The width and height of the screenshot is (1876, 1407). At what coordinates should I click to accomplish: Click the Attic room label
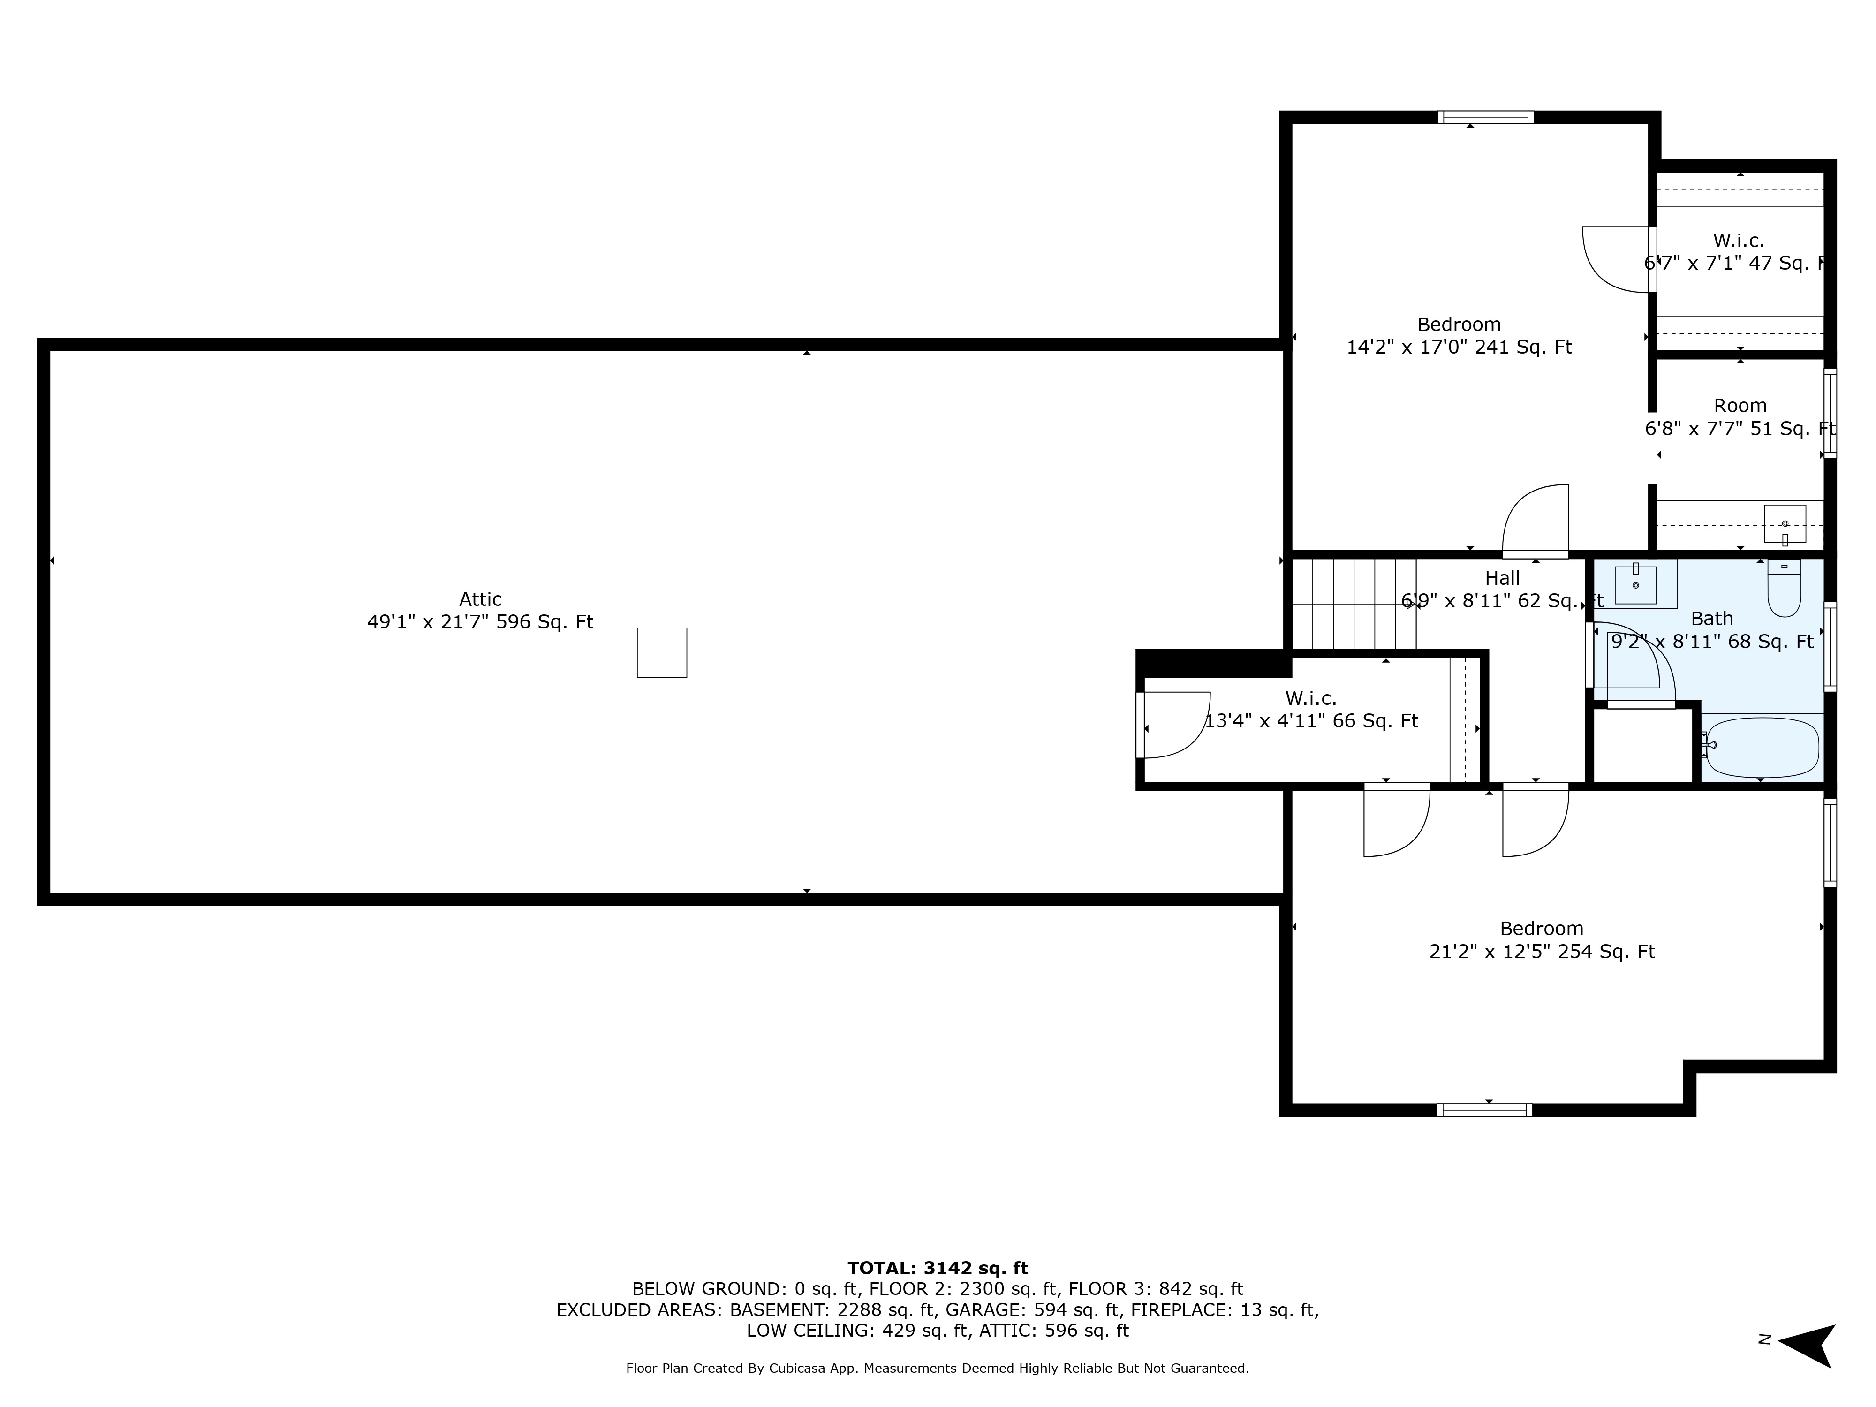[480, 599]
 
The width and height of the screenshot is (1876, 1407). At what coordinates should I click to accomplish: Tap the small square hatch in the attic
[661, 652]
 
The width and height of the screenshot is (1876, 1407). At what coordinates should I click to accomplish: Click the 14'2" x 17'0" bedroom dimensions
[1459, 347]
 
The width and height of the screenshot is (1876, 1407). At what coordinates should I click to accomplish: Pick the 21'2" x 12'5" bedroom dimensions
[1541, 952]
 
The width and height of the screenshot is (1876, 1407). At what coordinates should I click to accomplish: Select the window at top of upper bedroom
[1485, 118]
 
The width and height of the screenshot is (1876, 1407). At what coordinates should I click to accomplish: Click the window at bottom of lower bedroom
[1484, 1109]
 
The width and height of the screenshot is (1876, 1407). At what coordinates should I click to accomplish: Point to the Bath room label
[1711, 618]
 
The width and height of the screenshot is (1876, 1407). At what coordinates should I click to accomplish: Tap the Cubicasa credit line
[937, 1368]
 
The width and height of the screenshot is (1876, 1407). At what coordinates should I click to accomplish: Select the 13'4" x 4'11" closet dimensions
[1311, 721]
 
